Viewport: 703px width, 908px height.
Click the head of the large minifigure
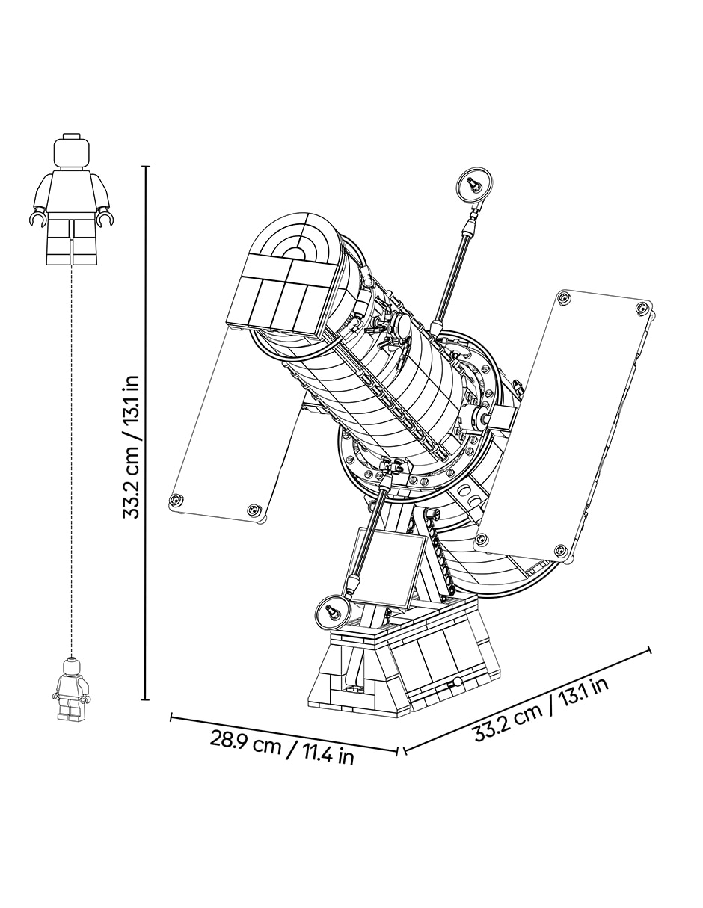71,151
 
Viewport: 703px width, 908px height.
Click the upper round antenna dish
473,185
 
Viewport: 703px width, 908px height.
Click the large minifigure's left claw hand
37,220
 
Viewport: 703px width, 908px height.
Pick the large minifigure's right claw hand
105,220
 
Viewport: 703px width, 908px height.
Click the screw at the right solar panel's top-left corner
564,297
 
